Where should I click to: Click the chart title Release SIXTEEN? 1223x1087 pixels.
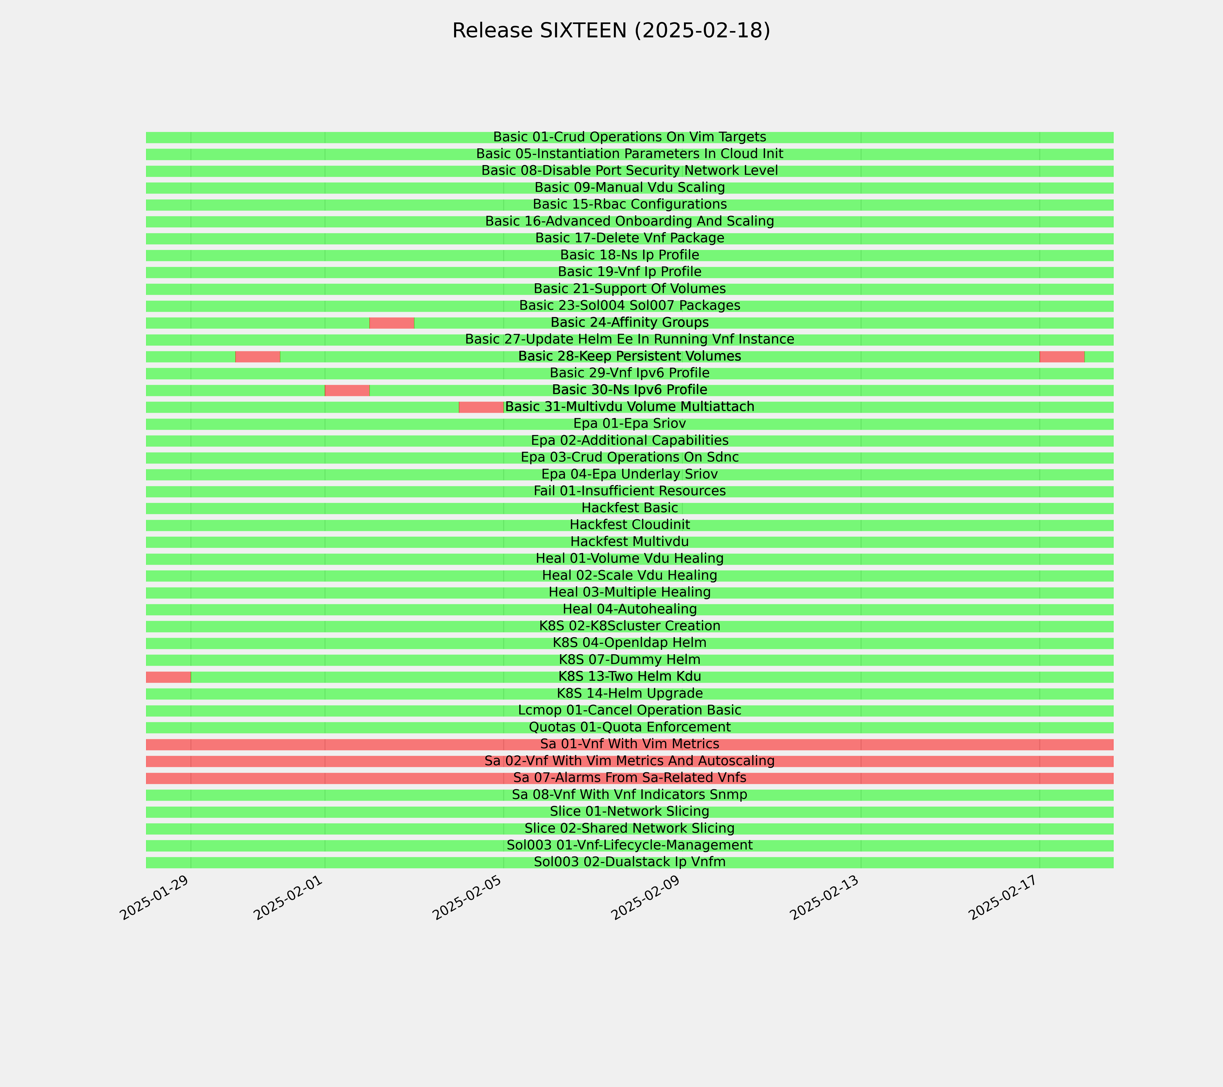pyautogui.click(x=611, y=31)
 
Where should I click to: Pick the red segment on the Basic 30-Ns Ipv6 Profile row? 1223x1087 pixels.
pyautogui.click(x=347, y=390)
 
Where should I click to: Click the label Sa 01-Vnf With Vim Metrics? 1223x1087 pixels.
pyautogui.click(x=629, y=744)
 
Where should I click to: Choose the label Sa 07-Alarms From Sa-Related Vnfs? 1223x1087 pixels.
pyautogui.click(x=629, y=778)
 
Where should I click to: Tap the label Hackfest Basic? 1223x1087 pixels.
pyautogui.click(x=629, y=508)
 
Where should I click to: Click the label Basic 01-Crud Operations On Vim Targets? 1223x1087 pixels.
pyautogui.click(x=629, y=137)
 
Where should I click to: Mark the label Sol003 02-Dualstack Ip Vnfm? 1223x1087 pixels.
pyautogui.click(x=629, y=862)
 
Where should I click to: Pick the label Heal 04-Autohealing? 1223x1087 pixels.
pyautogui.click(x=629, y=609)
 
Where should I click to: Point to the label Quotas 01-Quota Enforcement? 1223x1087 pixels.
pyautogui.click(x=629, y=727)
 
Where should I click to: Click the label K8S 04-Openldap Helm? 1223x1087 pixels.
pyautogui.click(x=629, y=643)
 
